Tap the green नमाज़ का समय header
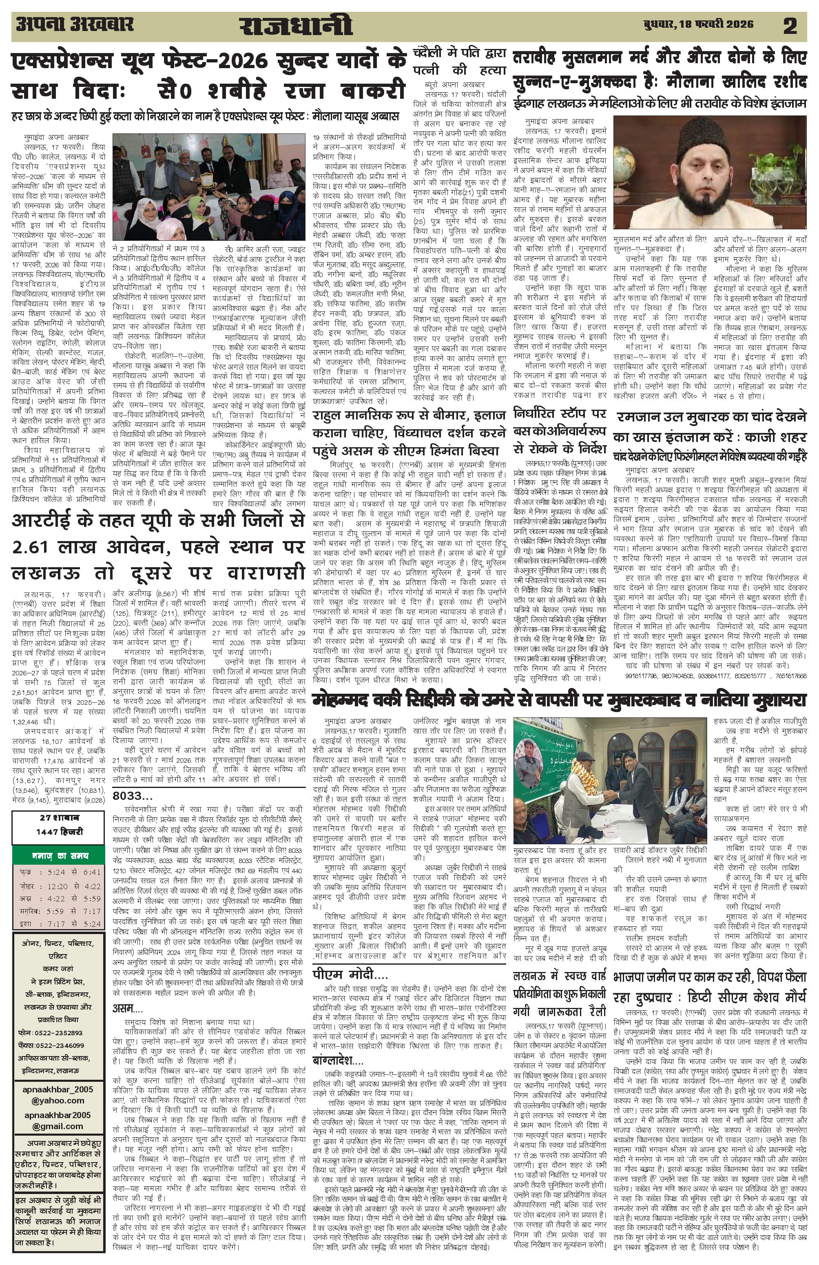click(x=58, y=856)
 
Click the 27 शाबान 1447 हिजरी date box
click(x=58, y=826)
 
